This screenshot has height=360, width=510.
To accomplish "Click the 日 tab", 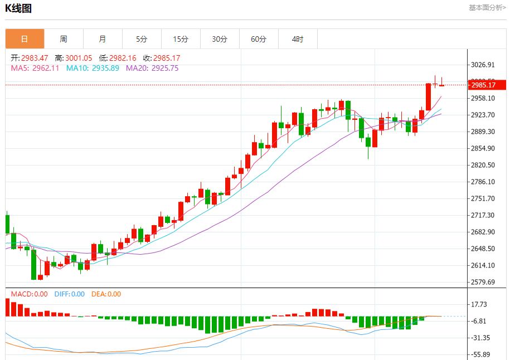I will click(25, 39).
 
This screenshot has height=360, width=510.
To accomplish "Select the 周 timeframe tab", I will click(64, 39).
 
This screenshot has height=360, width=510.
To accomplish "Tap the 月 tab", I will click(103, 39).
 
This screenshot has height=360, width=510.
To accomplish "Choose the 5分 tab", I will click(142, 39).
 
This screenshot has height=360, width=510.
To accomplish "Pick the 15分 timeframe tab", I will click(181, 39).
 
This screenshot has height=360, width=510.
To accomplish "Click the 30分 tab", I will click(220, 39).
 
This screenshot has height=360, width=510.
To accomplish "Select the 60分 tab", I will click(259, 39).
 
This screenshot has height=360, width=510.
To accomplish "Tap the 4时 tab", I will click(298, 39).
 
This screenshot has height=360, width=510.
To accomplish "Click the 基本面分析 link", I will click(487, 8).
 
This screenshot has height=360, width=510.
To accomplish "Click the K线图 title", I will click(18, 8).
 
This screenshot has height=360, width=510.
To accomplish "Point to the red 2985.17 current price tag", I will click(484, 85).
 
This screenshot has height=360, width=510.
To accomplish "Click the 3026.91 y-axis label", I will click(483, 65).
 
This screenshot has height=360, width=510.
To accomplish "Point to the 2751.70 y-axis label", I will click(483, 198).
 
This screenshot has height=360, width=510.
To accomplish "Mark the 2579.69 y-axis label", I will click(483, 282).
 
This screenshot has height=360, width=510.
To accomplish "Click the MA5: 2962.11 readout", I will click(35, 68).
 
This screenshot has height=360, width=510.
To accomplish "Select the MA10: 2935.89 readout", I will click(93, 68).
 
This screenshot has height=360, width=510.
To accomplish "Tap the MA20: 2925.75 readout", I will click(152, 68).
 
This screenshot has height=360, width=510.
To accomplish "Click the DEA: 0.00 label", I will click(106, 294).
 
